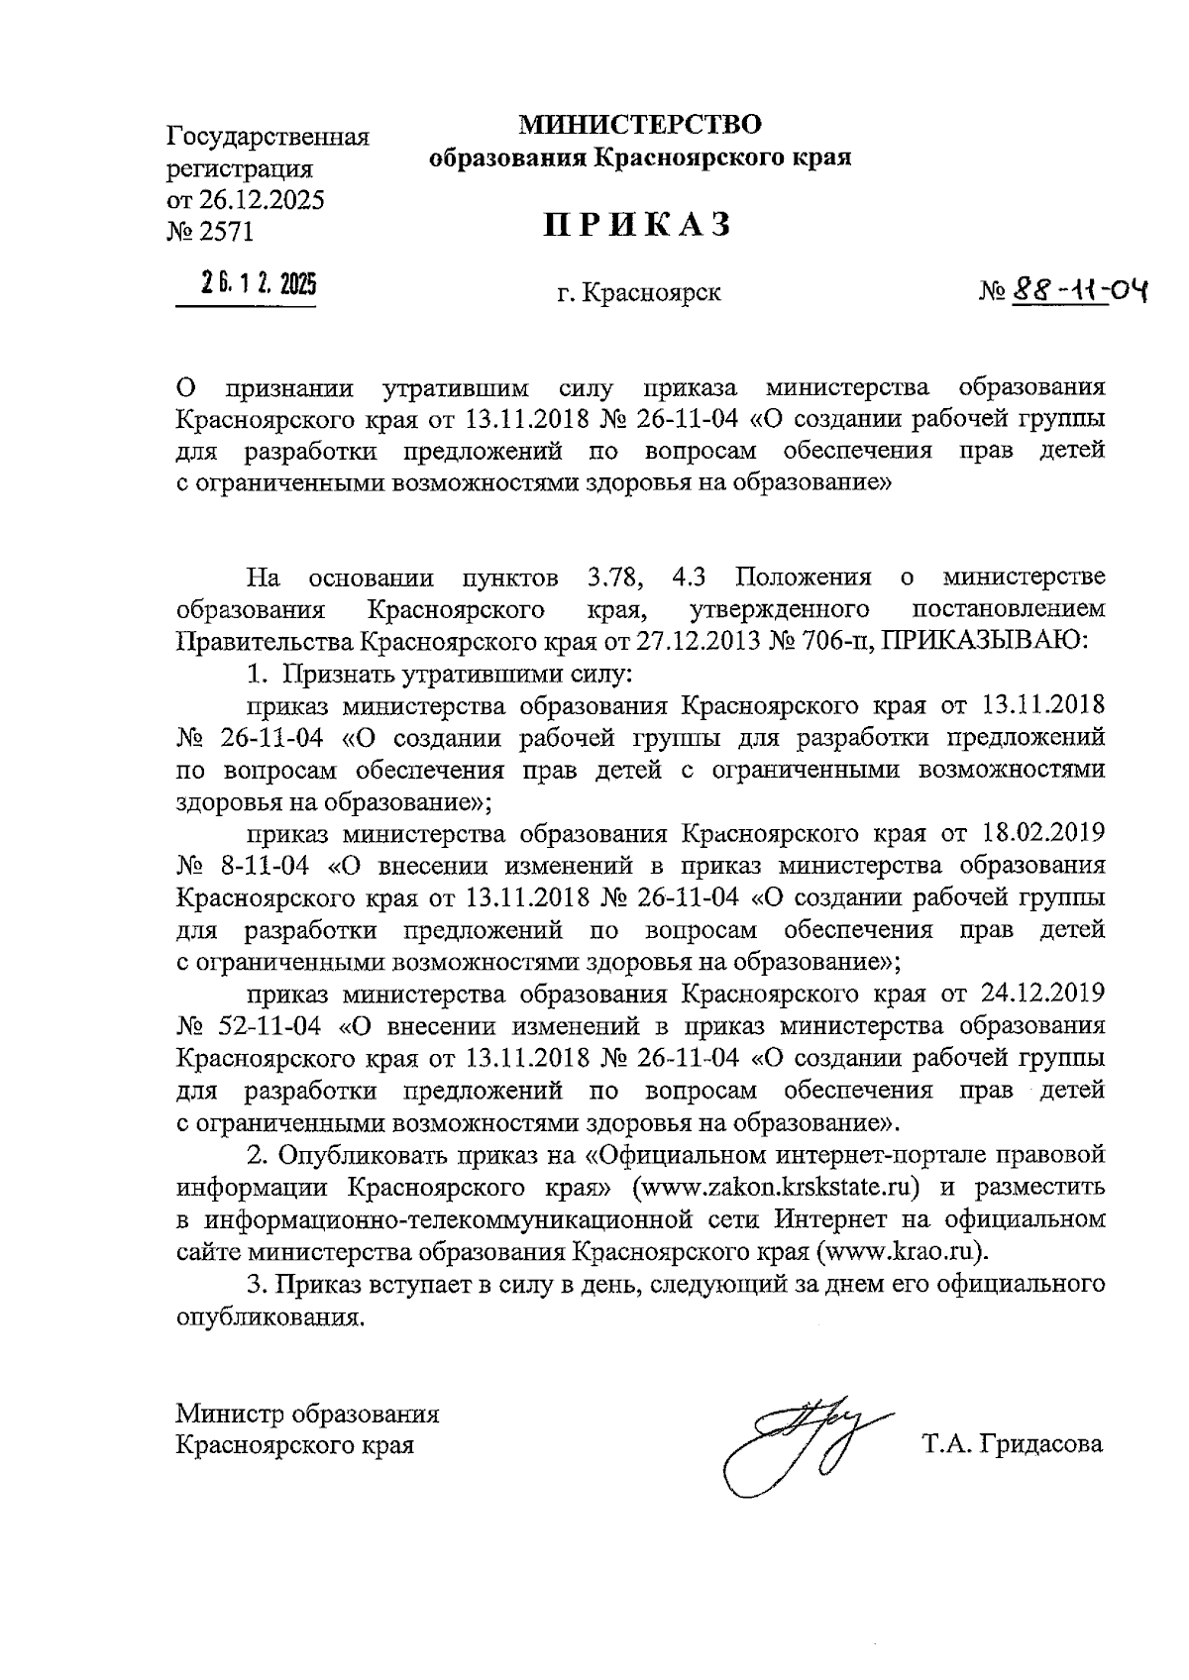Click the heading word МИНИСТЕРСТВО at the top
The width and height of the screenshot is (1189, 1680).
[x=641, y=125]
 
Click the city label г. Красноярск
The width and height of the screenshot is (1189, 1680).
[x=638, y=294]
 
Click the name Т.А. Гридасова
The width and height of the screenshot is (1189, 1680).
[x=1012, y=1444]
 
